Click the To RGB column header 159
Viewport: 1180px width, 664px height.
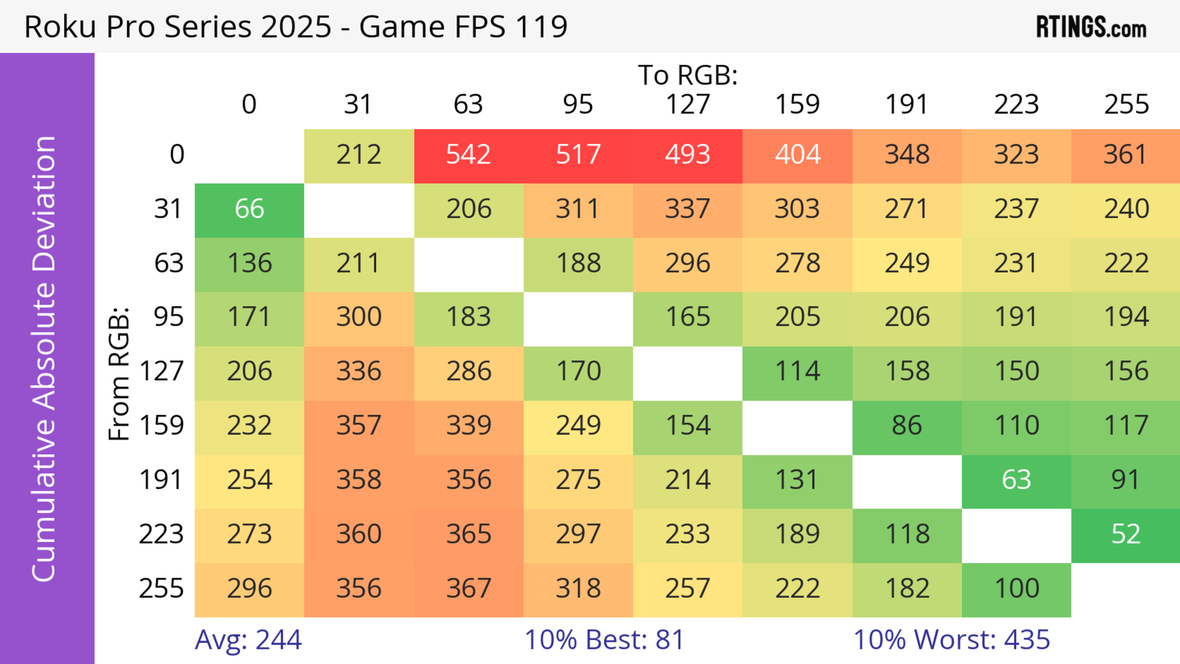tap(797, 104)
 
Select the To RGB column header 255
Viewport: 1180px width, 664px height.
tap(1126, 104)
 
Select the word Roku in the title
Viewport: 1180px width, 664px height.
tap(60, 26)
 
